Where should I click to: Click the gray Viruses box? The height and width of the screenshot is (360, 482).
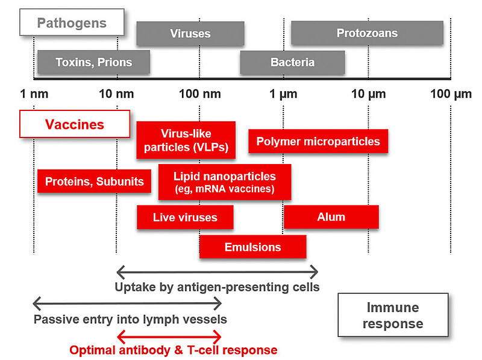(190, 33)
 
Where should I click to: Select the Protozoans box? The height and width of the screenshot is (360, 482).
(367, 33)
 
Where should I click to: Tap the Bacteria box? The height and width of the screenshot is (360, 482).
(292, 62)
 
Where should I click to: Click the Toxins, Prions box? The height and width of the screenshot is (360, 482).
(93, 62)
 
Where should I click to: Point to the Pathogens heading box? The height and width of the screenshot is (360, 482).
(72, 24)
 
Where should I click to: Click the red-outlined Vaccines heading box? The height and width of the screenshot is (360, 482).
(75, 125)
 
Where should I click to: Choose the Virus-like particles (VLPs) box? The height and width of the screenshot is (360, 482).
(186, 140)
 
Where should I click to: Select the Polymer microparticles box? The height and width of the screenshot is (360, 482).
(318, 142)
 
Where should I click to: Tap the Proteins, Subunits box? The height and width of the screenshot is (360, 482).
(95, 181)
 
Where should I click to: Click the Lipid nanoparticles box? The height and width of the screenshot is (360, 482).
(225, 182)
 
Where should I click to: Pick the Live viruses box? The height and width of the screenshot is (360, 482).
(185, 217)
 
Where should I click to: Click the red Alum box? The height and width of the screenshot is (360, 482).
(331, 217)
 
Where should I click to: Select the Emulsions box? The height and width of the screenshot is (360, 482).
(252, 247)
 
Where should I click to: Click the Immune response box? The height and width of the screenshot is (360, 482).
(393, 315)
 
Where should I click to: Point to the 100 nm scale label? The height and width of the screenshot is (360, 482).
(199, 94)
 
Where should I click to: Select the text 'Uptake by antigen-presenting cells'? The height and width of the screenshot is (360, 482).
(217, 286)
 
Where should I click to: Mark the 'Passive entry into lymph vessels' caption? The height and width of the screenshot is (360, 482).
(130, 319)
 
